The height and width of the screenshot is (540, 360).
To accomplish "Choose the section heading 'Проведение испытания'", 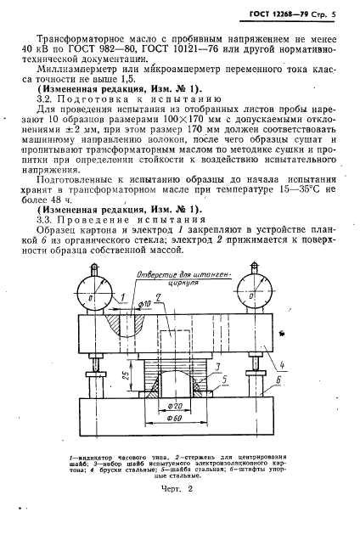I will coord(110,219).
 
